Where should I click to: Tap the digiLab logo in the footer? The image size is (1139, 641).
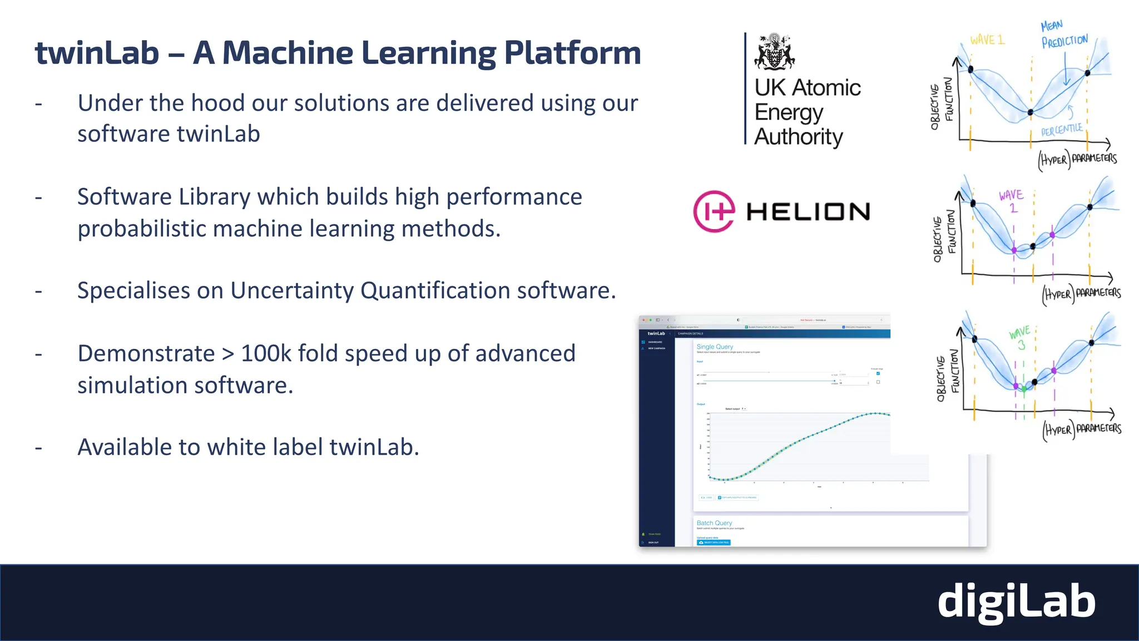pos(1016,602)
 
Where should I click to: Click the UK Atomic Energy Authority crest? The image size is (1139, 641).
pos(774,52)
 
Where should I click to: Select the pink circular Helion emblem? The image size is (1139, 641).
pos(714,211)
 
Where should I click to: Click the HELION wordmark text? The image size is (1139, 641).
pos(808,212)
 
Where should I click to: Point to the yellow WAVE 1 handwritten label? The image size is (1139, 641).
pos(987,40)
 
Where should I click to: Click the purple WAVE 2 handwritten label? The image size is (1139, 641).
pos(1011,201)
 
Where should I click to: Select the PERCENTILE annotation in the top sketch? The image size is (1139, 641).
pos(1062,130)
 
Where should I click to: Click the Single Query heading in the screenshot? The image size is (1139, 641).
pos(715,347)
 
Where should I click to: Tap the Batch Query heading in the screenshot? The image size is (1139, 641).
pos(714,523)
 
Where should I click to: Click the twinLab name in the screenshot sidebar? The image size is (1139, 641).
pos(656,333)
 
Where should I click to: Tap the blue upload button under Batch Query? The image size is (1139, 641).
pos(714,543)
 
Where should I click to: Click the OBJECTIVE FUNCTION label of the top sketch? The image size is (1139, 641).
pos(942,103)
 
